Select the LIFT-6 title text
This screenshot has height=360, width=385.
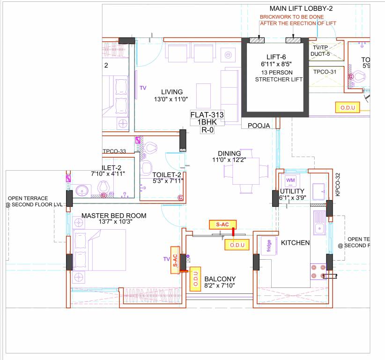click(x=274, y=57)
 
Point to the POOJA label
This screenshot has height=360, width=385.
click(x=259, y=126)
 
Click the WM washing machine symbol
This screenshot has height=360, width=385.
click(x=290, y=180)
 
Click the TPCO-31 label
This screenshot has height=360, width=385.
click(x=326, y=72)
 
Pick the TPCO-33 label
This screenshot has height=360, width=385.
click(x=115, y=151)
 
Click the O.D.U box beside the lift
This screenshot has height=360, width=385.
click(x=348, y=108)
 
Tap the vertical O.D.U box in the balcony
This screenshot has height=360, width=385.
click(x=195, y=278)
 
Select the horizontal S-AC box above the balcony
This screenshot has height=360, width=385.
click(x=222, y=225)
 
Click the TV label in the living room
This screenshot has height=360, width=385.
click(x=143, y=88)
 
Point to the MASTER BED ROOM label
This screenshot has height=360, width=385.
click(x=114, y=216)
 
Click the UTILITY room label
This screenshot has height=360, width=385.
click(x=292, y=191)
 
